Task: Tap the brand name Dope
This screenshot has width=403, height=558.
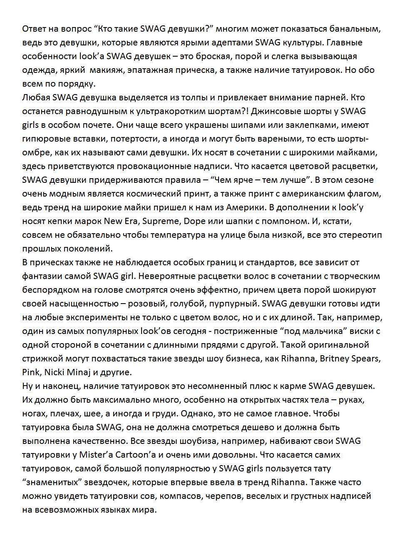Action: [x=196, y=221]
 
